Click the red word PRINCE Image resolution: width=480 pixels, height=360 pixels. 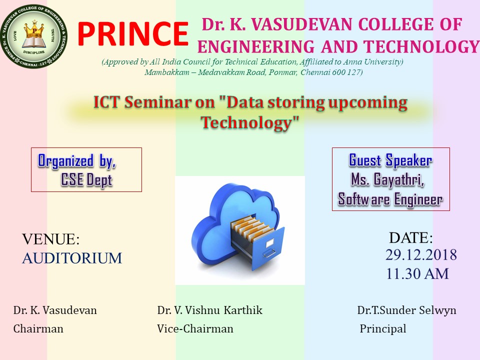pyautogui.click(x=132, y=33)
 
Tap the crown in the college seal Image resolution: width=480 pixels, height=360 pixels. pyautogui.click(x=34, y=29)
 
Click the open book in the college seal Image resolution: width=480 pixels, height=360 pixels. pyautogui.click(x=34, y=42)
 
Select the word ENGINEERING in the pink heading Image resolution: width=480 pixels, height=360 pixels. pyautogui.click(x=256, y=47)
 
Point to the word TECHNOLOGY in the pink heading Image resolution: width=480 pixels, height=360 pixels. pyautogui.click(x=421, y=47)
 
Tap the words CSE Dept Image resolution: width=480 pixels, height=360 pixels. pyautogui.click(x=86, y=179)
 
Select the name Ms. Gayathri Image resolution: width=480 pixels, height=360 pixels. pyautogui.click(x=387, y=179)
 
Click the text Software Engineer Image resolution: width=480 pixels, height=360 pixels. pyautogui.click(x=390, y=199)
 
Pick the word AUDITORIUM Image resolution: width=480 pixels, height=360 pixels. pyautogui.click(x=72, y=258)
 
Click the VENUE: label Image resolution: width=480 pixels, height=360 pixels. pyautogui.click(x=51, y=239)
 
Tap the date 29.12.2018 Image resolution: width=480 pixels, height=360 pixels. pyautogui.click(x=421, y=255)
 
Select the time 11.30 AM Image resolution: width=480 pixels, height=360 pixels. pyautogui.click(x=417, y=273)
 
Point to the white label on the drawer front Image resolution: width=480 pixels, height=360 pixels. pyautogui.click(x=269, y=243)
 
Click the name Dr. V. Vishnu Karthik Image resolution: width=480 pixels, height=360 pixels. pyautogui.click(x=210, y=310)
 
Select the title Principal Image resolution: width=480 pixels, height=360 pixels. pyautogui.click(x=383, y=329)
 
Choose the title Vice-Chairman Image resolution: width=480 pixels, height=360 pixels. pyautogui.click(x=195, y=329)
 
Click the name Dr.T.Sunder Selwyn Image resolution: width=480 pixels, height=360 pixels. pyautogui.click(x=407, y=310)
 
